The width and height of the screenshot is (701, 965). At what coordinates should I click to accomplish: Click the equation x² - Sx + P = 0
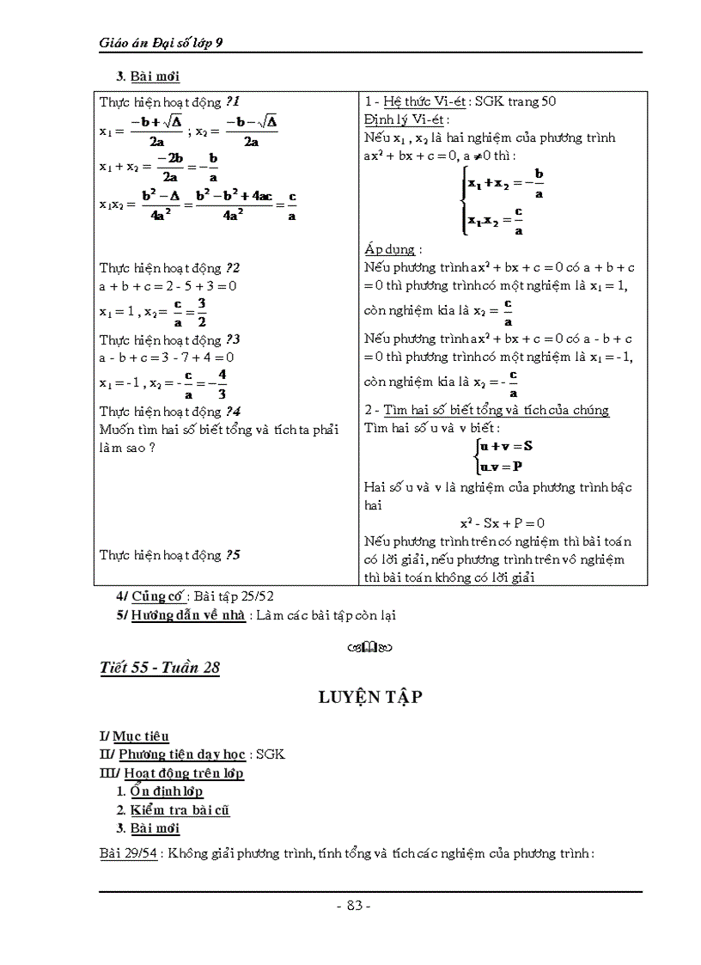coord(503,522)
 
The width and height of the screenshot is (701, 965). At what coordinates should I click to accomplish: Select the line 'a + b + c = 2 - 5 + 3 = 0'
coord(168,285)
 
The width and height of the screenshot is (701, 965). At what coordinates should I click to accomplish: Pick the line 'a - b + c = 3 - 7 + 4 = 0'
coord(168,357)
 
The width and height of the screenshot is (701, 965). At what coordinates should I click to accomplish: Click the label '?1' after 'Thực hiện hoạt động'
coord(233,101)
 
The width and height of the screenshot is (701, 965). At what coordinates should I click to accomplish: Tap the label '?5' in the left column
coord(233,555)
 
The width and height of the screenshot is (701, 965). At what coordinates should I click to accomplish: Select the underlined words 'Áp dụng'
coord(389,249)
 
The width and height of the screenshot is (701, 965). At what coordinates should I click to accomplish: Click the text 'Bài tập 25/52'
coord(235,595)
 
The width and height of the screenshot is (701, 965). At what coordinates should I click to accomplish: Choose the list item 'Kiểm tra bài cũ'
coord(180,809)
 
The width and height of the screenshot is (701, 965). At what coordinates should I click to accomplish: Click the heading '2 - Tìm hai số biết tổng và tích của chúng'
coord(486,410)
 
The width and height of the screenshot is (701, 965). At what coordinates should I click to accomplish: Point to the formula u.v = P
coord(502,466)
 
